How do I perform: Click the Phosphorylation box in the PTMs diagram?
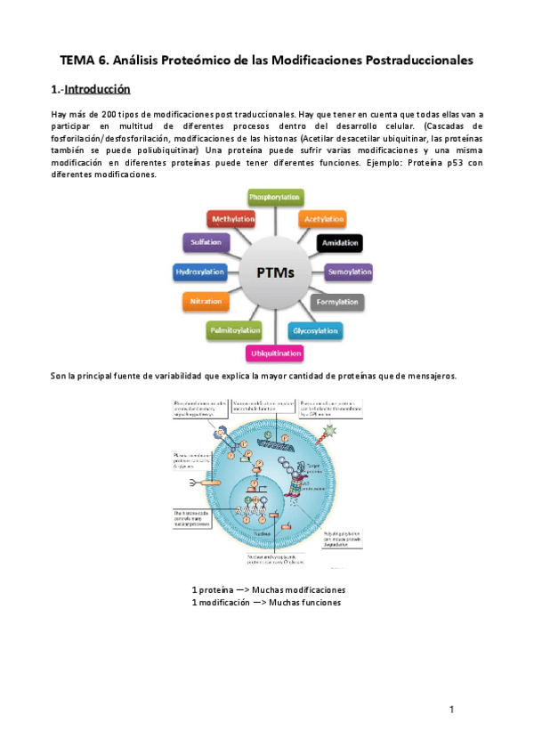click(274, 197)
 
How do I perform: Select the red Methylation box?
click(233, 218)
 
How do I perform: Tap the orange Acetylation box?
click(320, 218)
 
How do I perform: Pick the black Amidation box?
click(339, 242)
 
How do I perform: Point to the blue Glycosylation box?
click(316, 331)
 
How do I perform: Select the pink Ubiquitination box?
click(275, 353)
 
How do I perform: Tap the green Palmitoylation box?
click(235, 331)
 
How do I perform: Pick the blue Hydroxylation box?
click(199, 272)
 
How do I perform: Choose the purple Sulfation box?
click(206, 242)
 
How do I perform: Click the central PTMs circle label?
click(274, 272)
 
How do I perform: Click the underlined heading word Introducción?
click(98, 89)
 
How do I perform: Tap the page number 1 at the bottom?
click(452, 709)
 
